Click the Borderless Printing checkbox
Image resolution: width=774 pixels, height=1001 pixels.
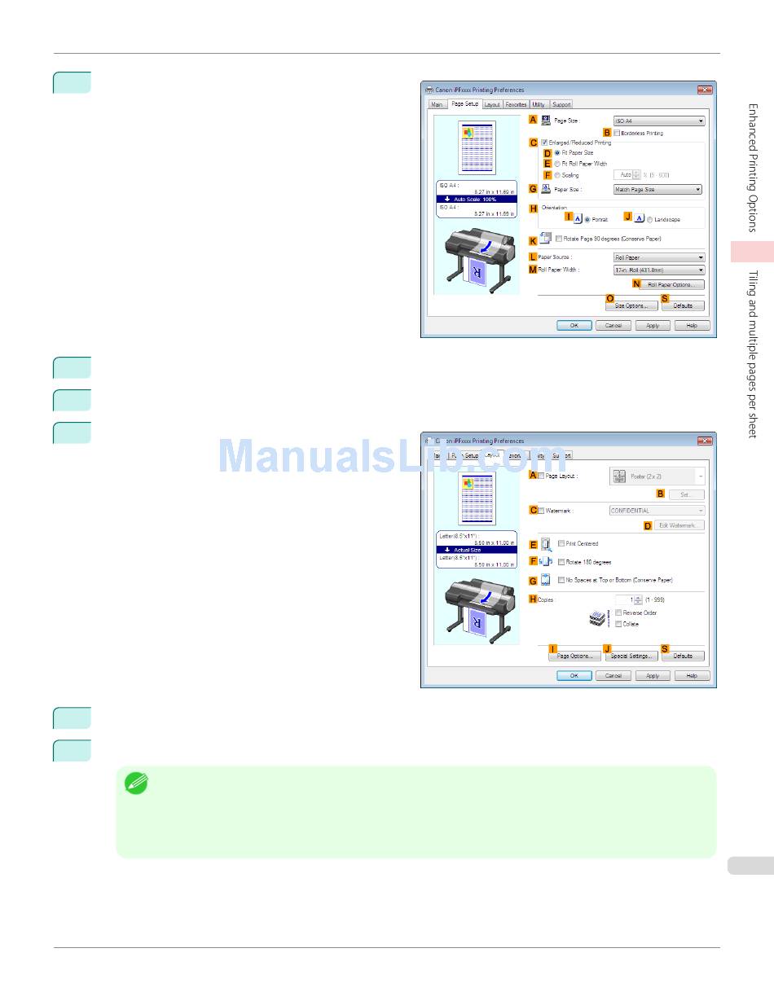tap(618, 133)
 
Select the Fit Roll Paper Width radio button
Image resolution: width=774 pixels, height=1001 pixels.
tap(557, 164)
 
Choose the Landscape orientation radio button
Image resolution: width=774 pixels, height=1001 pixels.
tap(649, 219)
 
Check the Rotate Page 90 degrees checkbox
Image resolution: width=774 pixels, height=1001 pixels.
tap(559, 239)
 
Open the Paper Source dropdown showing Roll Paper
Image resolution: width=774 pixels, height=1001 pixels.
tap(658, 257)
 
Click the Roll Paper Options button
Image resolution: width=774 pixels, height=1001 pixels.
tap(671, 284)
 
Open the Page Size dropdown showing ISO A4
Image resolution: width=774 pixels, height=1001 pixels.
tap(658, 121)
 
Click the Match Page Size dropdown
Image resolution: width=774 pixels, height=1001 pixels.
tap(657, 189)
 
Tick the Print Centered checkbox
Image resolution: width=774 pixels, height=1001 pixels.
tap(561, 543)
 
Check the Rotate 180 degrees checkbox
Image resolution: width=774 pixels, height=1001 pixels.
tap(561, 562)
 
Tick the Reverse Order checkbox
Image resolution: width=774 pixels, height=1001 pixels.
tap(618, 612)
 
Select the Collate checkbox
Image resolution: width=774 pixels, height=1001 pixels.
tap(618, 624)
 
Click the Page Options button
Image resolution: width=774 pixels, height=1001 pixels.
tap(574, 656)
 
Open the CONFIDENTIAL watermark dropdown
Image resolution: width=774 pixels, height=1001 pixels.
tap(656, 511)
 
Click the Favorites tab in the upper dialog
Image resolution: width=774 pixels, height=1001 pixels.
tap(515, 104)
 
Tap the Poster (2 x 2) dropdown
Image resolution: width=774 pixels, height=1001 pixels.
tap(656, 476)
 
